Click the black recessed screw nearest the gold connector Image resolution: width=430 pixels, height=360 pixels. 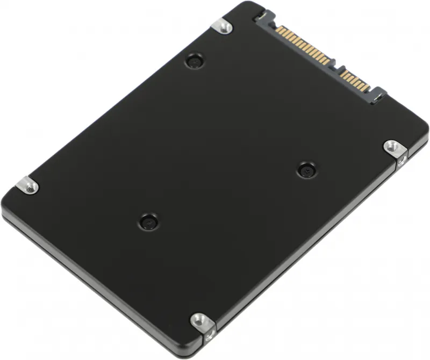(x=195, y=61)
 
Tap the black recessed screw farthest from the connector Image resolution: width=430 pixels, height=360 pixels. (x=148, y=221)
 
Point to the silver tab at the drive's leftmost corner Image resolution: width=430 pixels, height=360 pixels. (x=27, y=185)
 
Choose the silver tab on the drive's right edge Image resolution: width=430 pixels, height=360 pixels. (x=394, y=147)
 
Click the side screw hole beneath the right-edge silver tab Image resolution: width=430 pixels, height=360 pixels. (x=400, y=160)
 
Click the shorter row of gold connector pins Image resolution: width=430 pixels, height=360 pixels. (x=355, y=81)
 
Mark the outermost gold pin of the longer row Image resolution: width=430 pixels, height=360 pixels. (x=278, y=28)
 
